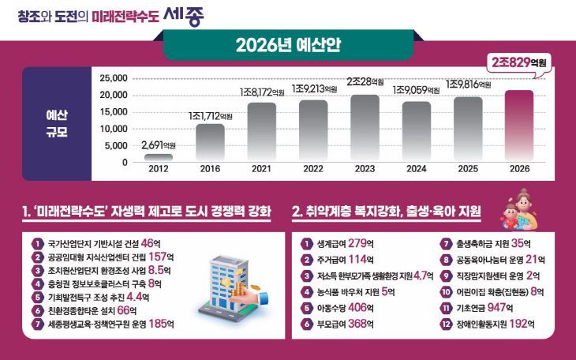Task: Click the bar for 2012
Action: (159, 157)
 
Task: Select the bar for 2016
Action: (210, 143)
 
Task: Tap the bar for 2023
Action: (365, 128)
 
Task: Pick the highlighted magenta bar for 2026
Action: (519, 126)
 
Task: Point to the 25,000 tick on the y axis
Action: (113, 78)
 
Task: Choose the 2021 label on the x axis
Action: (261, 169)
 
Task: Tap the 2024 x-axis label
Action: (417, 169)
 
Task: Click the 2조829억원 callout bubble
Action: (518, 62)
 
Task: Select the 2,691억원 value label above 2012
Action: (159, 144)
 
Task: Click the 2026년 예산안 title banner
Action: (287, 44)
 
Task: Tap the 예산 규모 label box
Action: (57, 123)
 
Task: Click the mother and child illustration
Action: (518, 208)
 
